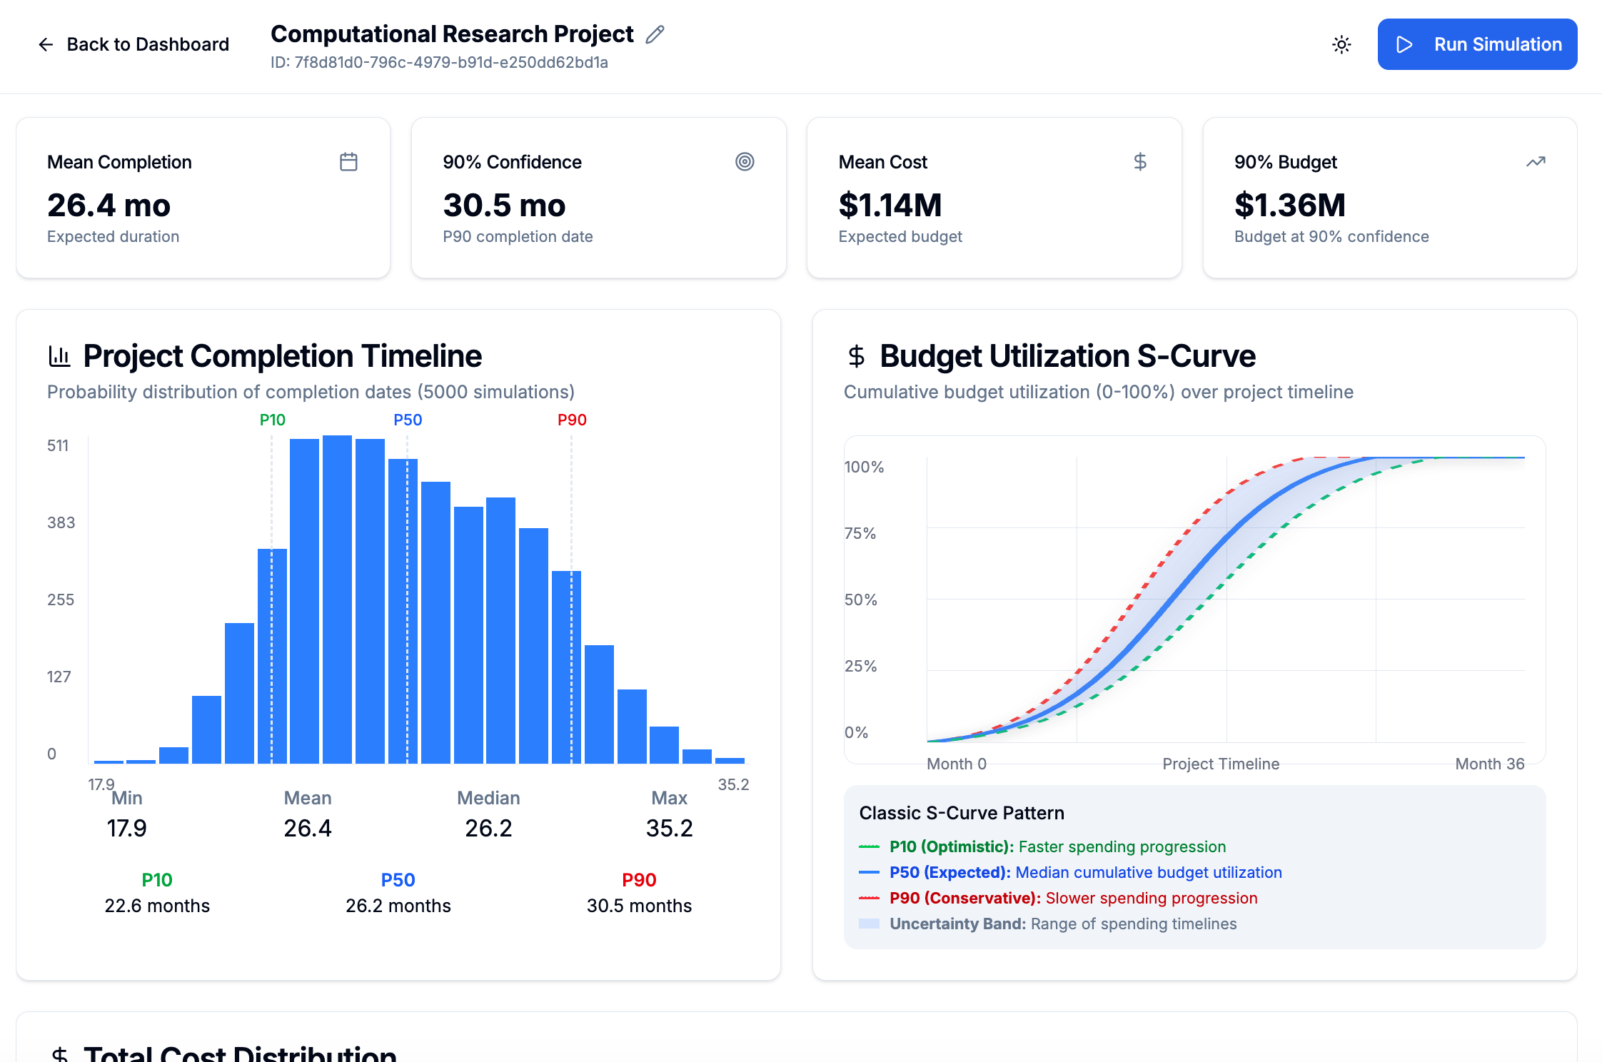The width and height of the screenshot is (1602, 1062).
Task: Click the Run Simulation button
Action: (x=1476, y=44)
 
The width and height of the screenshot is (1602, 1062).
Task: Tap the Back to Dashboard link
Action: (x=133, y=44)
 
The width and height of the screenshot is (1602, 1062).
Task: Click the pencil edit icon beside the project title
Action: (x=655, y=34)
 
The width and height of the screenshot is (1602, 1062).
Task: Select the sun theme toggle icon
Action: (x=1341, y=45)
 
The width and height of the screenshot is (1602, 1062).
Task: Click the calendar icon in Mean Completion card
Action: (x=348, y=162)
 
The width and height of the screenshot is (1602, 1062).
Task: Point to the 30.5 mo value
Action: (x=504, y=206)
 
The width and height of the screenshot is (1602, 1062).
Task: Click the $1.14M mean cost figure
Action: (x=890, y=206)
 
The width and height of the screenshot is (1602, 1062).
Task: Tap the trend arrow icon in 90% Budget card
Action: (x=1536, y=162)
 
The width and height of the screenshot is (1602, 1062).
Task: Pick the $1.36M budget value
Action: (x=1289, y=206)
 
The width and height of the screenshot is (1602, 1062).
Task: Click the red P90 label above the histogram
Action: (x=572, y=420)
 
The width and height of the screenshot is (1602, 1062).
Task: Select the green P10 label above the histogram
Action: (x=272, y=420)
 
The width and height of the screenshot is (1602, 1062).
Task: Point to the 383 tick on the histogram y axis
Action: (x=61, y=522)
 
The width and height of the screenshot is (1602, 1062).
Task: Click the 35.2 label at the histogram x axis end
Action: (x=733, y=784)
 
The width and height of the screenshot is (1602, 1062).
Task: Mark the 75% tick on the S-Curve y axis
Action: (x=860, y=533)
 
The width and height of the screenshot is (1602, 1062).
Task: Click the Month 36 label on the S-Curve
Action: (x=1489, y=764)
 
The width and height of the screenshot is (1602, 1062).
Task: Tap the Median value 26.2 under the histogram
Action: (x=488, y=828)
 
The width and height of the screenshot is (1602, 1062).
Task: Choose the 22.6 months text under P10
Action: (x=157, y=906)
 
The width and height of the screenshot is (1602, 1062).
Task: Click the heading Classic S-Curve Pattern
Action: (x=961, y=813)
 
